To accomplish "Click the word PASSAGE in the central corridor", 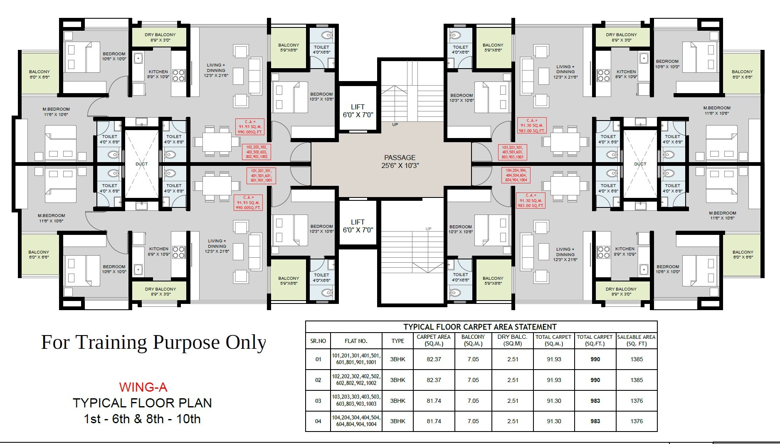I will coord(400,158).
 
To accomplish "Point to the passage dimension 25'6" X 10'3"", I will coord(400,165).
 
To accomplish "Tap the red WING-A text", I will coord(143,387).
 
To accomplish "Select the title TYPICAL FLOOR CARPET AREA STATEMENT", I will coord(480,327).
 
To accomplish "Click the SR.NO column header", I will coord(318,341).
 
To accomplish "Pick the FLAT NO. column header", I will coord(356,341).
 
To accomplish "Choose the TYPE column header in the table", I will coord(397,341).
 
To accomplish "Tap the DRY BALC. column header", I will coord(512,340).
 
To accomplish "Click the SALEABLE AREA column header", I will coord(636,340).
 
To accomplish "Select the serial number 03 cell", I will coord(318,401).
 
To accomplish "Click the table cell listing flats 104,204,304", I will coord(356,421).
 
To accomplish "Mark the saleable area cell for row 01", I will coord(637,359).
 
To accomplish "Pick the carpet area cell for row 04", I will coord(434,421).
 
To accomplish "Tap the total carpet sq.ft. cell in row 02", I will coord(595,380).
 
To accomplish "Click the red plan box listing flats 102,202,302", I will coord(257,152).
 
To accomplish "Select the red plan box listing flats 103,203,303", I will coord(512,152).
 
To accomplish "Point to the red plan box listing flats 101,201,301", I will coord(261,175).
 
